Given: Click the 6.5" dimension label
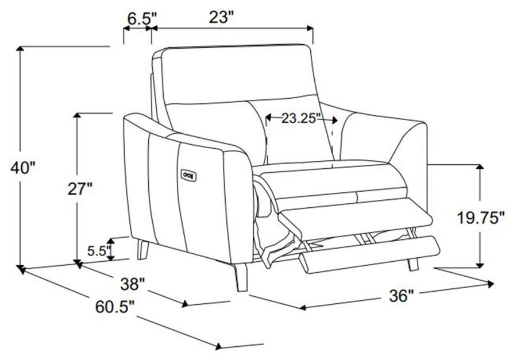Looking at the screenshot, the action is (x=139, y=19).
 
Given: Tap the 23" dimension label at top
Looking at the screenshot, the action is (x=221, y=17).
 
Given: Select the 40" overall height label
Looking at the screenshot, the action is (x=22, y=168).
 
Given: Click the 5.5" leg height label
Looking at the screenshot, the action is (x=97, y=251).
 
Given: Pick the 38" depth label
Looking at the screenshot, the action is (x=132, y=284).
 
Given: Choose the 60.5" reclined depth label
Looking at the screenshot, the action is (x=115, y=307).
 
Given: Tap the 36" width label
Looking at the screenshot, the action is (x=401, y=296).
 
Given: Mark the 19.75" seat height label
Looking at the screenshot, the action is (x=480, y=218).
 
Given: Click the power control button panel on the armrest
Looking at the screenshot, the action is (x=188, y=175).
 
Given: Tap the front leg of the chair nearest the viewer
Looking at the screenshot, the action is (x=241, y=277).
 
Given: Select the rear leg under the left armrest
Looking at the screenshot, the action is (x=143, y=250).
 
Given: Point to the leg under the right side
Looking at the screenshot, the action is (x=413, y=264).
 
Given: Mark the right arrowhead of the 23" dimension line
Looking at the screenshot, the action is (x=310, y=28).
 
